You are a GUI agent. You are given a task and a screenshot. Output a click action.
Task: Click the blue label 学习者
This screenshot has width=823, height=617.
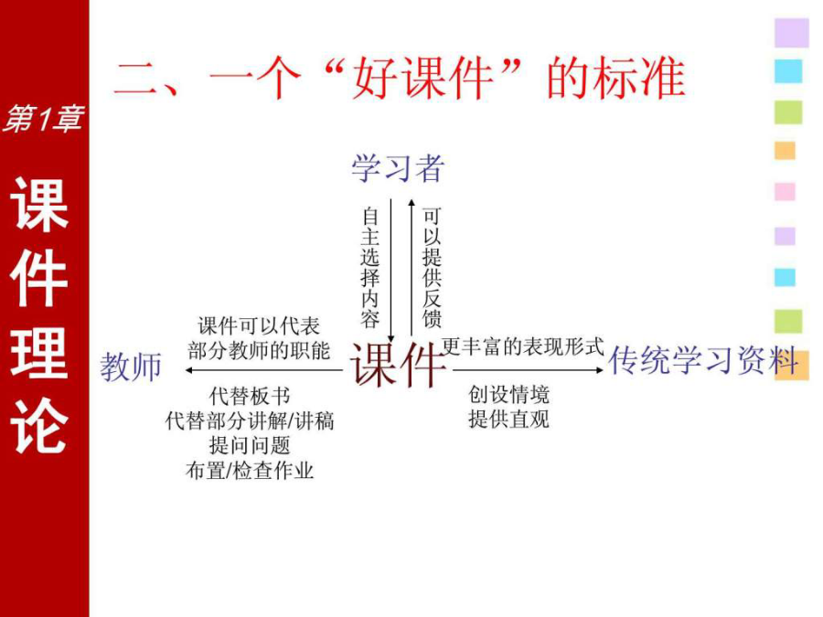[398, 168]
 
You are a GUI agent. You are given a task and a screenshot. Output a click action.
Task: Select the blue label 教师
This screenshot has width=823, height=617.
[131, 367]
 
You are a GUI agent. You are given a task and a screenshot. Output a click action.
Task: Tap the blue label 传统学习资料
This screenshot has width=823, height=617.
[703, 361]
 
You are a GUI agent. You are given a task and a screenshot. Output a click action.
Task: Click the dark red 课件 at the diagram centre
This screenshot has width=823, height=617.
[398, 364]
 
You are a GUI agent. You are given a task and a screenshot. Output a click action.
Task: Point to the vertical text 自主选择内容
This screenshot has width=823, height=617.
[370, 268]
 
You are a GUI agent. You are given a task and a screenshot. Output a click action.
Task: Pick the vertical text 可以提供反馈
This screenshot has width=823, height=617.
[432, 268]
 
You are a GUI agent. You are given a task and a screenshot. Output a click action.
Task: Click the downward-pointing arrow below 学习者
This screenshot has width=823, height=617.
[390, 271]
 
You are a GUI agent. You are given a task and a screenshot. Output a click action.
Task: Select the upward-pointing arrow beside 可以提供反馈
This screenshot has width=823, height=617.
[411, 268]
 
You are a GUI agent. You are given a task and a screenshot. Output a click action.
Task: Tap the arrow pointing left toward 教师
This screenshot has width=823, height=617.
[264, 370]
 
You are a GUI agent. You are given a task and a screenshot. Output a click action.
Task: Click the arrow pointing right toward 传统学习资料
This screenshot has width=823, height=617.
[529, 370]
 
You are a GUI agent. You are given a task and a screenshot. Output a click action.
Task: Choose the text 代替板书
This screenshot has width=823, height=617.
[250, 396]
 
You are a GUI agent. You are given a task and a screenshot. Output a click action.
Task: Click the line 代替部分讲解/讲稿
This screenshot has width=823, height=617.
[250, 420]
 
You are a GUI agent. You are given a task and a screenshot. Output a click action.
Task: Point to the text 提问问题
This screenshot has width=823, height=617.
[250, 445]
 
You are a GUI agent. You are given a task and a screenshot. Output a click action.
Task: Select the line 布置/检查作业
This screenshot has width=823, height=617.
[250, 470]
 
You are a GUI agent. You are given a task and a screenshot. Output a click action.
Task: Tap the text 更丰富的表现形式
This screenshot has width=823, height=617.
[523, 346]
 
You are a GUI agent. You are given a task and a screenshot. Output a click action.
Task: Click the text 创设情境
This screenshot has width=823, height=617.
[509, 394]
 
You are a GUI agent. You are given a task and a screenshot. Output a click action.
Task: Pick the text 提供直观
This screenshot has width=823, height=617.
[509, 419]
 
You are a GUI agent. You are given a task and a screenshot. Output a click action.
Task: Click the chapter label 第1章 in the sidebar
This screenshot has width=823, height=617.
[43, 118]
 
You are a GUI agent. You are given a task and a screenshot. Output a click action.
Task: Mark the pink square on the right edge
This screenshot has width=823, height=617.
[785, 192]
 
